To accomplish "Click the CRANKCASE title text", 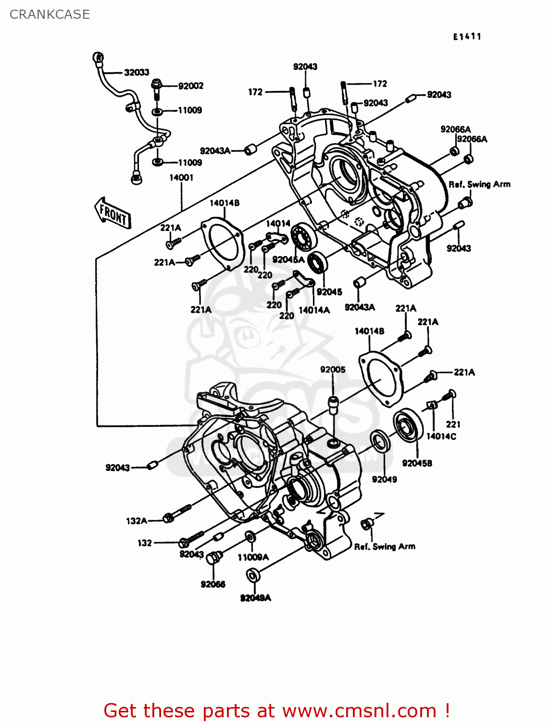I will (50, 14).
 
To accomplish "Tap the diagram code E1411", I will (466, 37).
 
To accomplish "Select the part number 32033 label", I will (137, 73).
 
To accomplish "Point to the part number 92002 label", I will (191, 86).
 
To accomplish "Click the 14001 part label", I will (181, 178).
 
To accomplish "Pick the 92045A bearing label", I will (288, 259).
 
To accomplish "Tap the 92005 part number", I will (333, 370).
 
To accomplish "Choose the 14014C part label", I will (441, 437).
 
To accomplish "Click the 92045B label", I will (417, 463).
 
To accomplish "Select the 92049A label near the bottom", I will (255, 598).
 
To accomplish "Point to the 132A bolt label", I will (136, 521).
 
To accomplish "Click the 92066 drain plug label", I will (213, 584).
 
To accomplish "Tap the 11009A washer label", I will (253, 557).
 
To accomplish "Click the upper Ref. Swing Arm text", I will (479, 184).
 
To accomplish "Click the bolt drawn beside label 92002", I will (157, 89).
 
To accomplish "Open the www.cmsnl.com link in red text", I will (359, 711).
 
